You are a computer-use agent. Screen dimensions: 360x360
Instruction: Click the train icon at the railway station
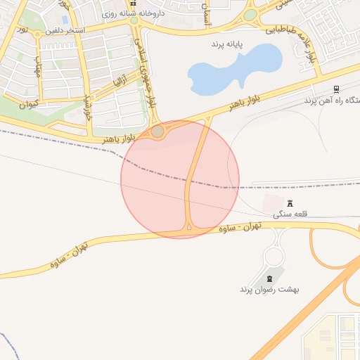tap(336, 89)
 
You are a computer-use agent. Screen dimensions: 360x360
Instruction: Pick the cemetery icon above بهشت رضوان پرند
tap(270, 280)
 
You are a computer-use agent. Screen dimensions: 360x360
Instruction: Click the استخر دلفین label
tap(67, 31)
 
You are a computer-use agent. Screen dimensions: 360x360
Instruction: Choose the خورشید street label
tap(89, 106)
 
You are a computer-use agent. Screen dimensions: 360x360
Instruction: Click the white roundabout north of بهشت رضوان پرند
tap(274, 256)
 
